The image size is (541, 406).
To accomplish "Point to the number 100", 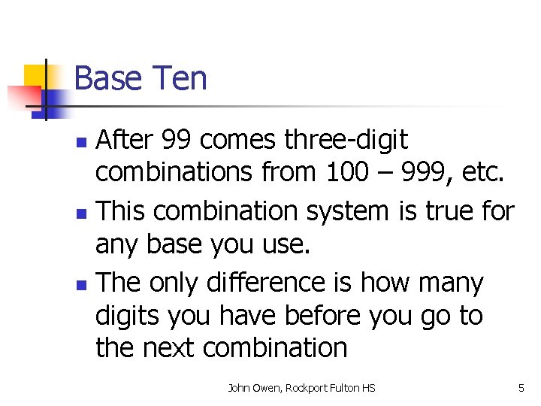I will click(x=351, y=174).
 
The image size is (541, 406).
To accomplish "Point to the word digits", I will click(x=128, y=316).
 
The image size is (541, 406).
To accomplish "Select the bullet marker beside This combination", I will click(x=83, y=213).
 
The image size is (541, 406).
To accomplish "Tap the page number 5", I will click(x=521, y=388).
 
